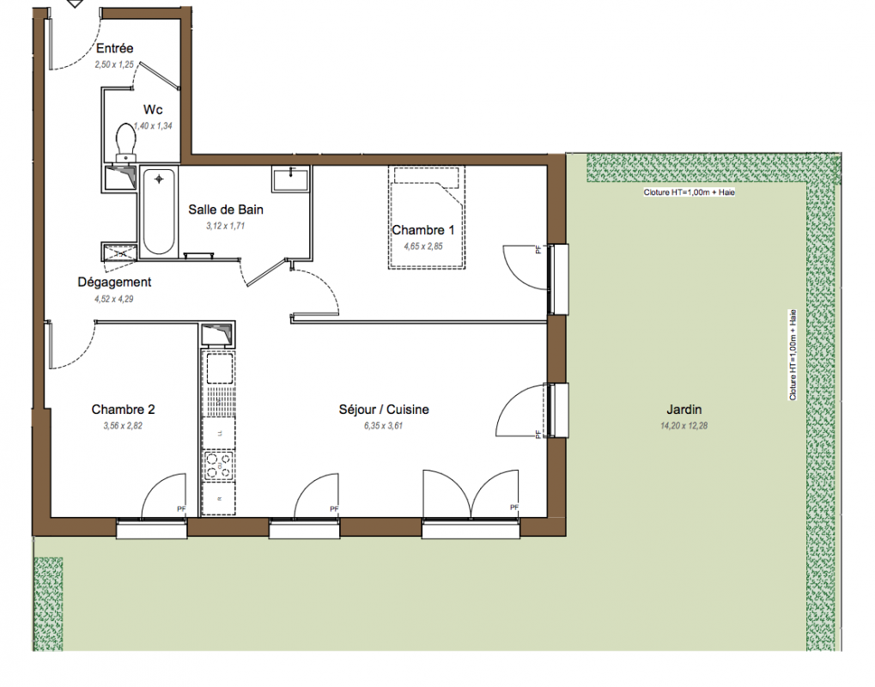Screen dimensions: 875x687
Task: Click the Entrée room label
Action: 114,48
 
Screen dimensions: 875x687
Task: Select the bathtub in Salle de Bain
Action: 159,212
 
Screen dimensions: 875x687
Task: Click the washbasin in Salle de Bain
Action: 290,179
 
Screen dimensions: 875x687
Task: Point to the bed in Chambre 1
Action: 427,217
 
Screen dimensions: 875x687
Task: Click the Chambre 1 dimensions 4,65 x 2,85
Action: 423,246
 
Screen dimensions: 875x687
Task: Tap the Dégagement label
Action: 114,283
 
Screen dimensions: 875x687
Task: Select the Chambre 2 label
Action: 123,410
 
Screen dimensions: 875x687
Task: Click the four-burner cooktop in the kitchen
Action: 219,465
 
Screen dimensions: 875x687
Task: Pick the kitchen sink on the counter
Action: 219,368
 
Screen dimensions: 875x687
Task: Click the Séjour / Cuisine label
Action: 384,410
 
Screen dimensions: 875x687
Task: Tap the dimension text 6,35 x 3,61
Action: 383,426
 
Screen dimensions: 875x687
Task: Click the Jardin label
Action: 684,410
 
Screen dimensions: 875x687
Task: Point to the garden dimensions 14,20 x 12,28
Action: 684,426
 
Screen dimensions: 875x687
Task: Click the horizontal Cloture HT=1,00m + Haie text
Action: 690,192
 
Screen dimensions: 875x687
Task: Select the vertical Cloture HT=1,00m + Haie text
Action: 793,355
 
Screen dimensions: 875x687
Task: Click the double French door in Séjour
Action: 471,495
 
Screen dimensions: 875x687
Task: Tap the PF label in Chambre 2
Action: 181,509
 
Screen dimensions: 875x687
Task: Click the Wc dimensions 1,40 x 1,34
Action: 154,126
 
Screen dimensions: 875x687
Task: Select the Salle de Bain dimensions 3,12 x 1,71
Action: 226,226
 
